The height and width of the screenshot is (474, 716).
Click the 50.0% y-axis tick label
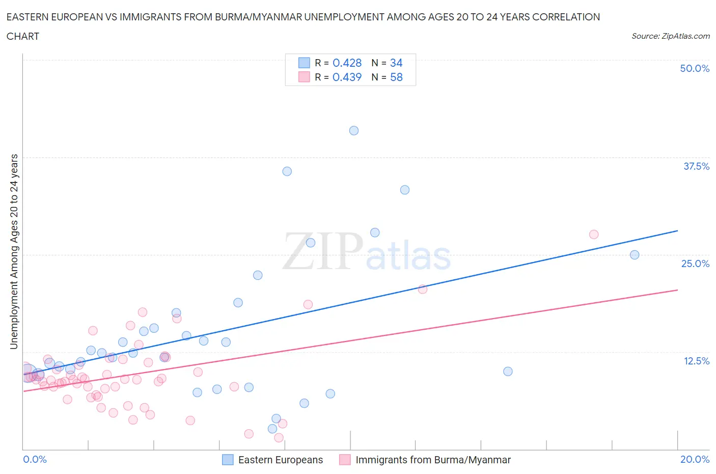(x=695, y=68)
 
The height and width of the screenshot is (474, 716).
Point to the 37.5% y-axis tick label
(x=696, y=166)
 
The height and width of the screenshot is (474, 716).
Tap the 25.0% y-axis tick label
(x=695, y=264)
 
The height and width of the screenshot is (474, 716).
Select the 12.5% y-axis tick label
(x=696, y=361)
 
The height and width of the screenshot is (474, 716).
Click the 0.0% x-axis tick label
(x=35, y=459)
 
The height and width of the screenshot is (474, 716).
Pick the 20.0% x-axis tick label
(x=695, y=459)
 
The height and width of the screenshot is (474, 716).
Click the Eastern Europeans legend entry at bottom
(x=280, y=460)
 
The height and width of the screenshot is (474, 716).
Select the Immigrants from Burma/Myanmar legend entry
(x=433, y=460)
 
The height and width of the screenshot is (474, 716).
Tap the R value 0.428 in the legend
(x=347, y=63)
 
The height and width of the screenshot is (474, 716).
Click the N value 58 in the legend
(x=396, y=77)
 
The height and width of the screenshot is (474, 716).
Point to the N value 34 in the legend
(x=396, y=63)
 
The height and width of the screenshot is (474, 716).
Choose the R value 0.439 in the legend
(x=347, y=77)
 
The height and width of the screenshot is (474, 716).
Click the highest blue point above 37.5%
(x=354, y=130)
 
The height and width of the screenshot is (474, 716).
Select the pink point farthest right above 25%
(x=594, y=234)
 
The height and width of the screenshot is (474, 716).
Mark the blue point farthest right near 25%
(x=635, y=255)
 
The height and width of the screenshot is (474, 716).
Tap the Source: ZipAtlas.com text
(x=670, y=36)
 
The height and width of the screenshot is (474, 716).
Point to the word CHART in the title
(x=23, y=36)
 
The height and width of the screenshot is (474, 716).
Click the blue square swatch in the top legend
(x=304, y=63)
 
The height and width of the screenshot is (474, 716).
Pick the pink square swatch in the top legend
(x=304, y=77)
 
